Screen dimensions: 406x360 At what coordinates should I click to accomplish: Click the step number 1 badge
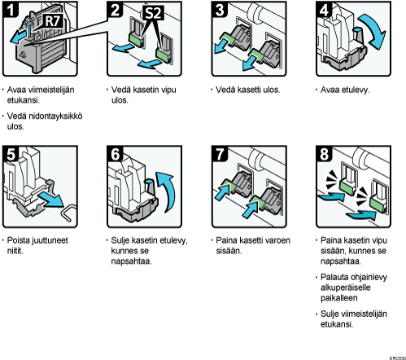[11, 10]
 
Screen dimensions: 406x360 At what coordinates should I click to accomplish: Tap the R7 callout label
[53, 21]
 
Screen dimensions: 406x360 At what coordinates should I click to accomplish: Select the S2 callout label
[154, 13]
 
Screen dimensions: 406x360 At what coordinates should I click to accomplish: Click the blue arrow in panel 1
[19, 37]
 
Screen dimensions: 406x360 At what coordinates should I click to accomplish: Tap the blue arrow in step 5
[51, 200]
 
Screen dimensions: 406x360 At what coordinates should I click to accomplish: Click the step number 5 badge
[11, 154]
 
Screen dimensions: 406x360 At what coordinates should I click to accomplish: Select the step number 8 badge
[324, 154]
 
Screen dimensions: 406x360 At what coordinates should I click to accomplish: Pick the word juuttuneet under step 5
[51, 240]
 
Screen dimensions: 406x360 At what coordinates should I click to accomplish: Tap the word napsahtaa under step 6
[131, 261]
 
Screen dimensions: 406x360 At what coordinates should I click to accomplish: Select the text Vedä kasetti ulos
[247, 90]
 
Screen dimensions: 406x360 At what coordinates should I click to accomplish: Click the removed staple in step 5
[68, 213]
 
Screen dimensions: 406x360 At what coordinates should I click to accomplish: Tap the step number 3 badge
[220, 10]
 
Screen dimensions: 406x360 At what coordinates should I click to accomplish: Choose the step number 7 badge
[220, 154]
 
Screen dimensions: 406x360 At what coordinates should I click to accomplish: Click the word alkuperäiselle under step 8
[345, 288]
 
